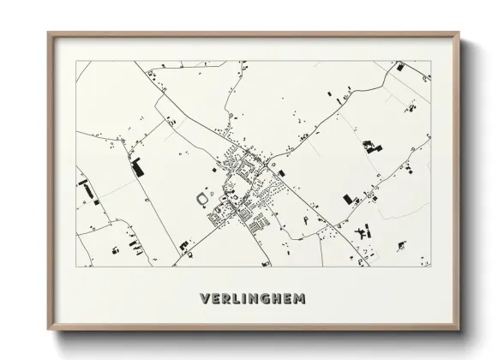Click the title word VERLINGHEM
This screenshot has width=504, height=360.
pos(253,300)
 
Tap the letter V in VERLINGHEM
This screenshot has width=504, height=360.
pos(204,300)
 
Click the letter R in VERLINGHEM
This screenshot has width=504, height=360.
pos(225,300)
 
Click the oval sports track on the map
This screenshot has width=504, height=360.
pos(202,199)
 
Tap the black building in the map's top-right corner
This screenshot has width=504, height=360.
pos(400,66)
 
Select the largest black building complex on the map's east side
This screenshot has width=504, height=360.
pos(371,145)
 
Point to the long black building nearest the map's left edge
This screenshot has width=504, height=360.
pos(85,183)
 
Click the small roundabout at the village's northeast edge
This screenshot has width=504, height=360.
pos(268,160)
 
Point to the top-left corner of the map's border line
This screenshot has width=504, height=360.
pos(76,61)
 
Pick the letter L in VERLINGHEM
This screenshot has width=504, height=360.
pos(236,300)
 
